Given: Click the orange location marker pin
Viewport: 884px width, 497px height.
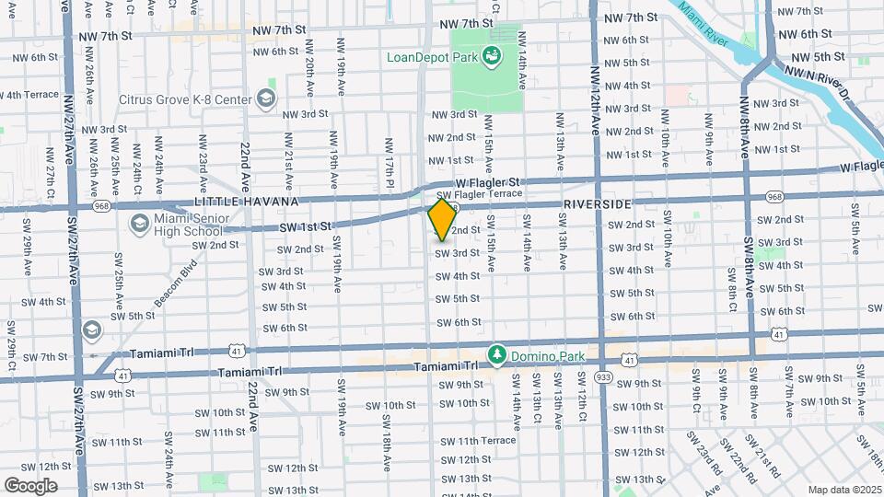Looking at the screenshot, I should (x=442, y=219).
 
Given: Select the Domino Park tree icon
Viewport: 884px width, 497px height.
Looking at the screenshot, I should (x=497, y=354).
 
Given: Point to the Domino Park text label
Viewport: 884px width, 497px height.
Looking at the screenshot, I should (x=544, y=354).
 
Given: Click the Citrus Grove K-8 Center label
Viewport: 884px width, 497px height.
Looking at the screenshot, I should (x=185, y=98).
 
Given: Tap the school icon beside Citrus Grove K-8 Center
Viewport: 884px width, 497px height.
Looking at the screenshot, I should (x=265, y=98).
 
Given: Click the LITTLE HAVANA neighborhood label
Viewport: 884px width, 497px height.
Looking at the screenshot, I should (x=247, y=202).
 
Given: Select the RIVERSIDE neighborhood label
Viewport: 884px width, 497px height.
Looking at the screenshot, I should (x=598, y=203).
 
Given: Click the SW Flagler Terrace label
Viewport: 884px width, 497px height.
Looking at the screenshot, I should (x=479, y=194).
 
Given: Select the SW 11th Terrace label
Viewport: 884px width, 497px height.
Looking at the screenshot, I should (x=486, y=441).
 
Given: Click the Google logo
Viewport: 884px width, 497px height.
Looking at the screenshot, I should (x=31, y=485).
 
